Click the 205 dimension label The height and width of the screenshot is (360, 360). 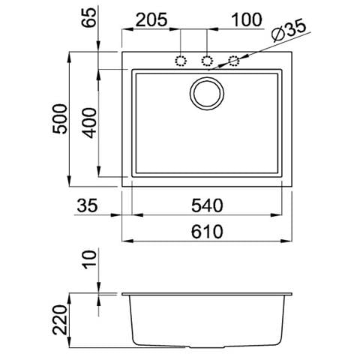pyautogui.click(x=151, y=19)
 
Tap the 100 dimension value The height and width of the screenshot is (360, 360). pyautogui.click(x=247, y=19)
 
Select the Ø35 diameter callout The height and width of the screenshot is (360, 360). pyautogui.click(x=289, y=31)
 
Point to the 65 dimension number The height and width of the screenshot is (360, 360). pyautogui.click(x=89, y=17)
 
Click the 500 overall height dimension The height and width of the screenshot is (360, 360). pyautogui.click(x=60, y=119)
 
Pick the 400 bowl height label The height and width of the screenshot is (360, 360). pyautogui.click(x=89, y=123)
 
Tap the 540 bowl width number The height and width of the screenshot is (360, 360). pyautogui.click(x=207, y=205)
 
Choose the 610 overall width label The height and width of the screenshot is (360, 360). pyautogui.click(x=207, y=232)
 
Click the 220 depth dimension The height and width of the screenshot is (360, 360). pyautogui.click(x=60, y=319)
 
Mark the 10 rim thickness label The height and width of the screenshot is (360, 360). pyautogui.click(x=89, y=260)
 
